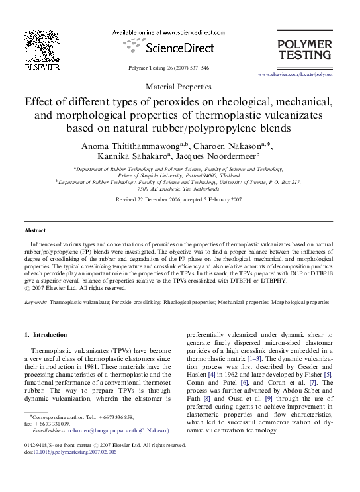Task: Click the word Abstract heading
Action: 35,230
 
